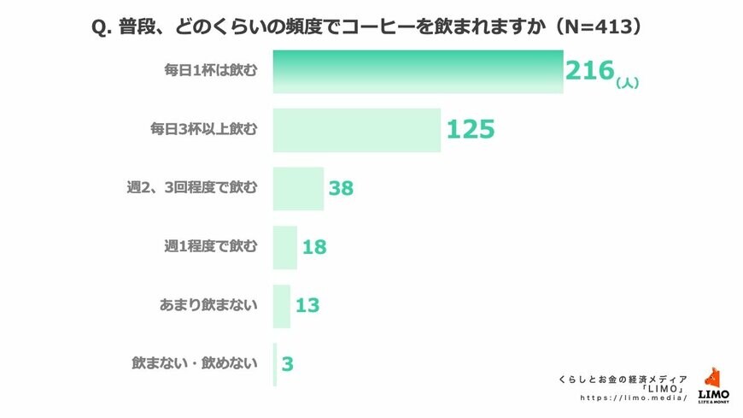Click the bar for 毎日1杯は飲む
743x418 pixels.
tap(418, 71)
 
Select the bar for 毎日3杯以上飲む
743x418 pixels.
tap(357, 130)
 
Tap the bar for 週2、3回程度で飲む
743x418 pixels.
tap(298, 189)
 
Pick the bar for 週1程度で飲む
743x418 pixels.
tap(285, 248)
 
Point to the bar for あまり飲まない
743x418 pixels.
tap(282, 306)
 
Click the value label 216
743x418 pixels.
tap(589, 71)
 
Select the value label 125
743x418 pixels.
tap(471, 130)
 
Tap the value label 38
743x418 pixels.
tap(341, 189)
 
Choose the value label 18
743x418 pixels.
tap(314, 248)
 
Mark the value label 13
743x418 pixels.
tap(307, 306)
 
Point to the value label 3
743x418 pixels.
tap(288, 364)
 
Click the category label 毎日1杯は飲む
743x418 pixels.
tap(210, 71)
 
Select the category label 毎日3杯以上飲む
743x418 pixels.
tap(203, 130)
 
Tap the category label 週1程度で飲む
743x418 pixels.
tap(210, 248)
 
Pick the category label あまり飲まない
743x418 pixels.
tap(208, 306)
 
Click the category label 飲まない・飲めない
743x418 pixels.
tap(194, 364)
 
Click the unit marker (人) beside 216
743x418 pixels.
tap(628, 83)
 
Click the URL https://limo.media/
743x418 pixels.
tap(634, 398)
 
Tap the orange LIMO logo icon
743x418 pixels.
tap(713, 379)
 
